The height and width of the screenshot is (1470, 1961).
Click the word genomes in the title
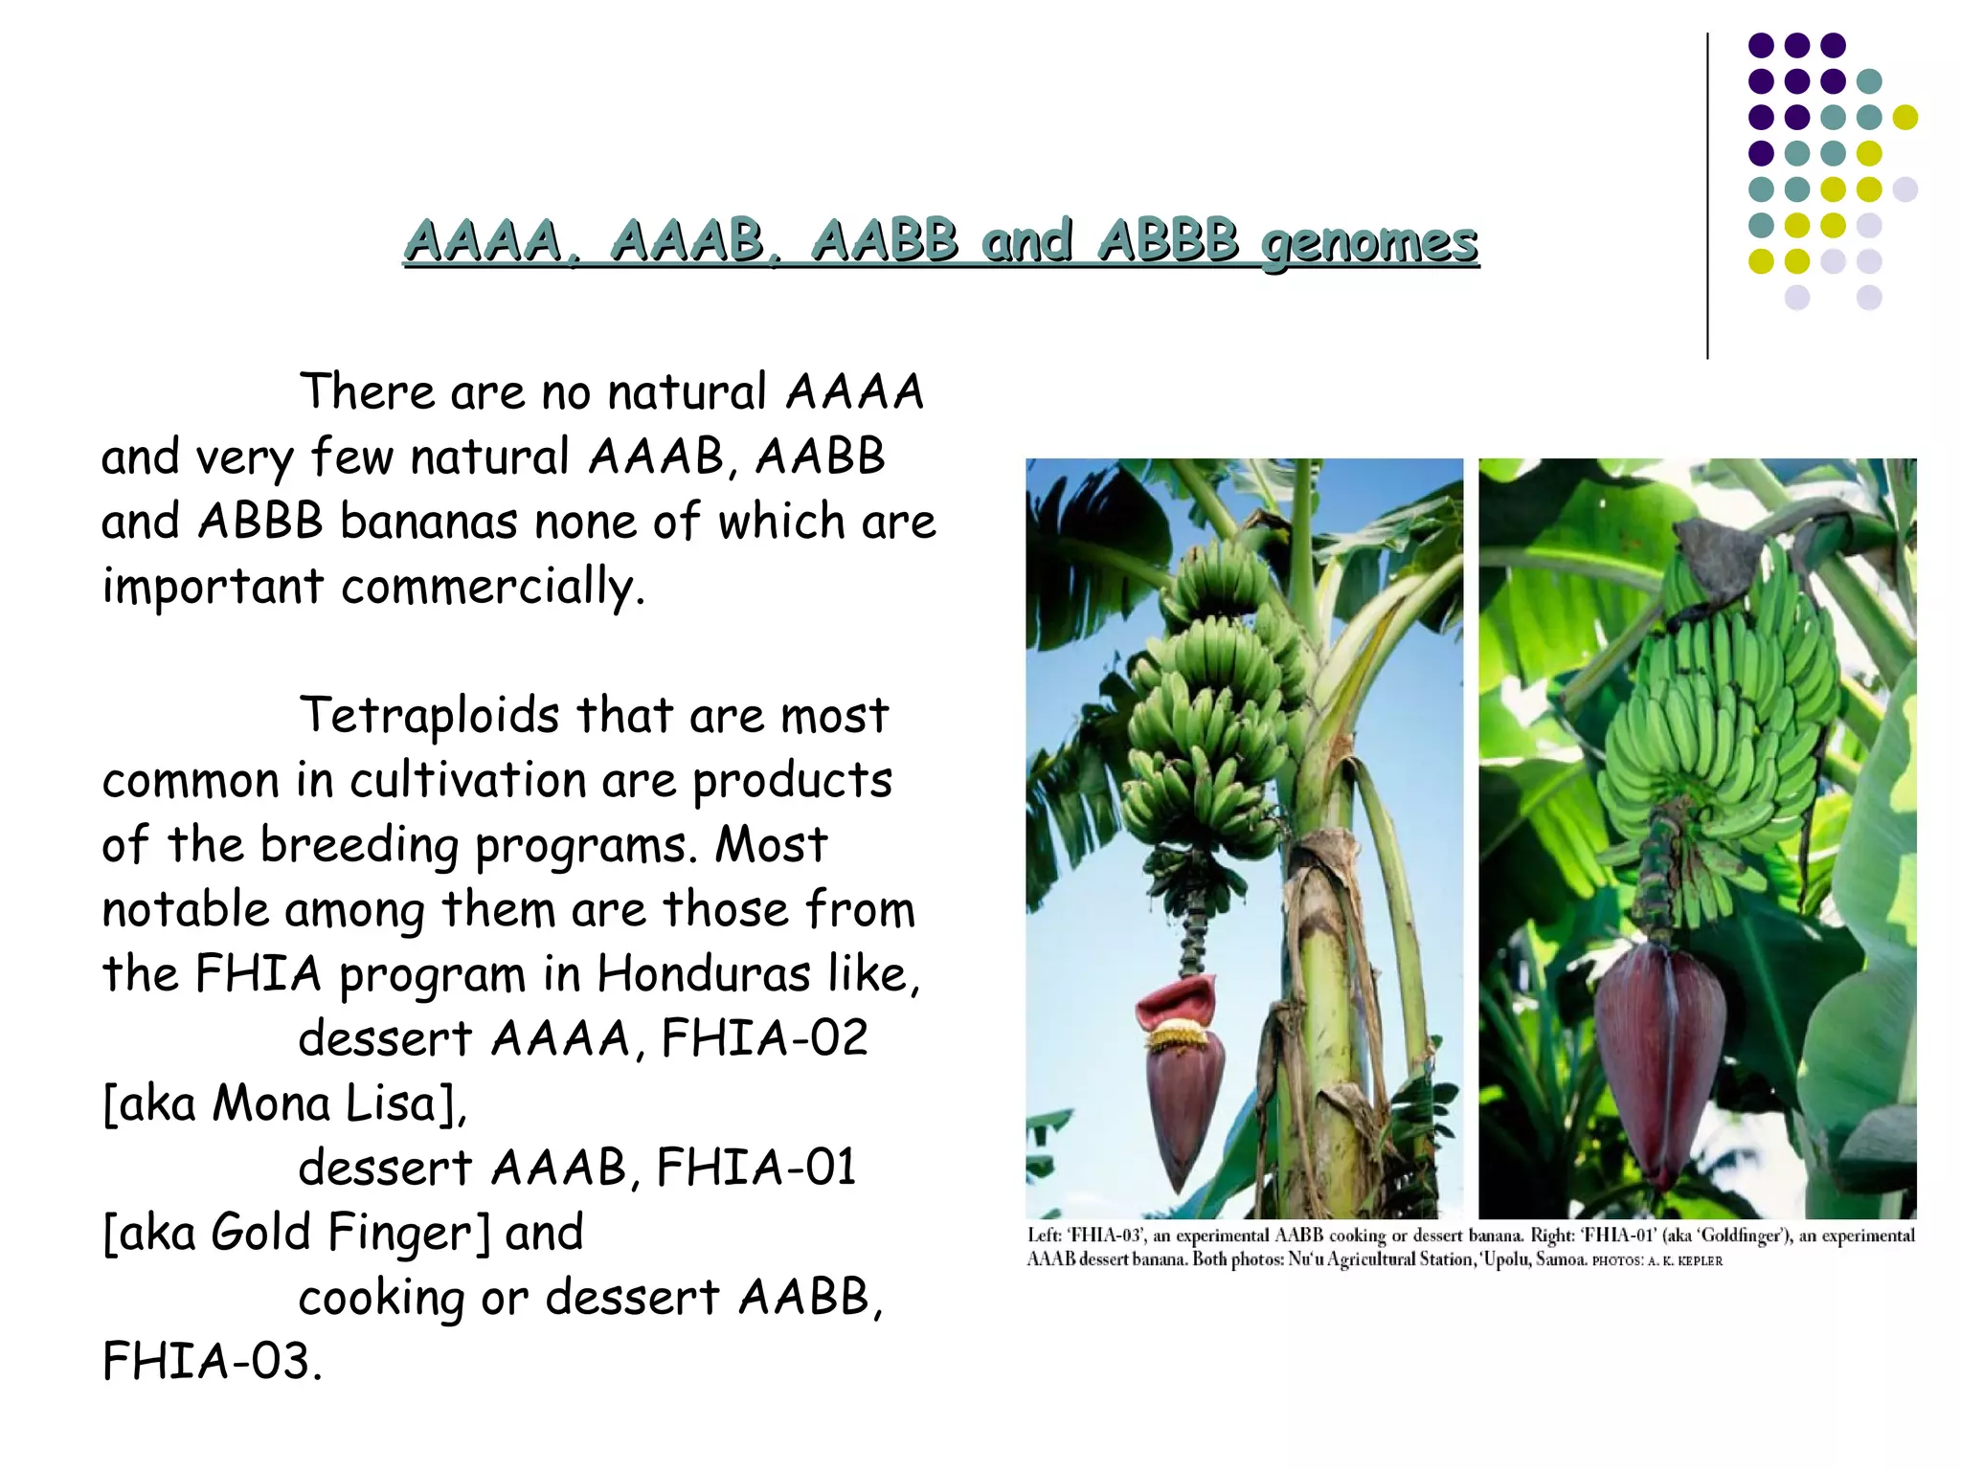(x=1369, y=241)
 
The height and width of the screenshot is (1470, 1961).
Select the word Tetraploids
(x=429, y=716)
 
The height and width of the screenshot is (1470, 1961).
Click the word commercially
(x=493, y=587)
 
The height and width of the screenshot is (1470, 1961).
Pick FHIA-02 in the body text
(x=764, y=1038)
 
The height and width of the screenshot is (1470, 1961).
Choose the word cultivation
(x=466, y=780)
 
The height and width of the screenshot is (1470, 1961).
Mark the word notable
(x=186, y=909)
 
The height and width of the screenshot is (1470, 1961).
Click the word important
(x=213, y=587)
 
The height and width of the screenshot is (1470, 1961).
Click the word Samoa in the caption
(x=1561, y=1259)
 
